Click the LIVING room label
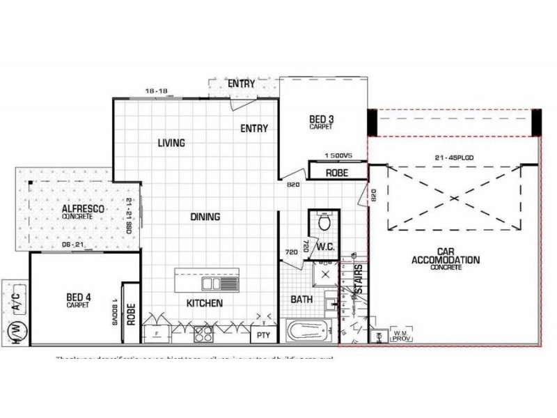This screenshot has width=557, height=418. (x=171, y=144)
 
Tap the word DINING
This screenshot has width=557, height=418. (x=205, y=217)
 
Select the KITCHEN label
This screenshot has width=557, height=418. (x=205, y=303)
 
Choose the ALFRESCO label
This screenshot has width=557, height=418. (x=77, y=211)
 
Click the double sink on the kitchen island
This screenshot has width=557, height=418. (x=220, y=285)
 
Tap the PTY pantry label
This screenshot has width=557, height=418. (x=264, y=335)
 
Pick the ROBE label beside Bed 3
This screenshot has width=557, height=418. (x=336, y=171)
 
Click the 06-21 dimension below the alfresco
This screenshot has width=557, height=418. (x=72, y=245)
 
